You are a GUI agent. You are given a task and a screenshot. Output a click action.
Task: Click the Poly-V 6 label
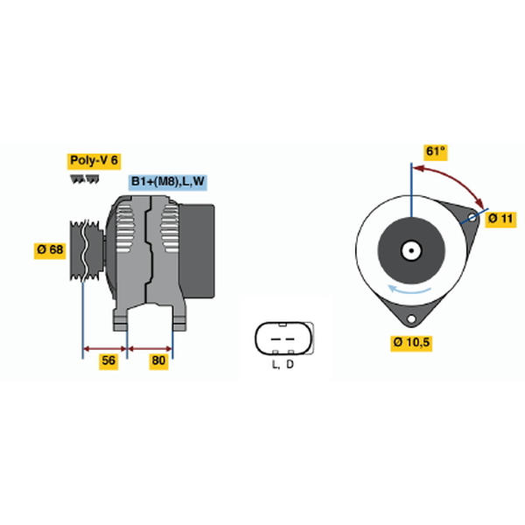pos(94,161)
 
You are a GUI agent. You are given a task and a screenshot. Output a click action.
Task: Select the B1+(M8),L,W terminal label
pos(168,182)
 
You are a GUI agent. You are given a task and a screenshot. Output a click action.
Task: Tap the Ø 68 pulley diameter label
pos(50,249)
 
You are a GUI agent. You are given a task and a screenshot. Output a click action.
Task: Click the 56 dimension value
pos(108,360)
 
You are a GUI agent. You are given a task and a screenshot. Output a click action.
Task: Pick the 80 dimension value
pos(158,360)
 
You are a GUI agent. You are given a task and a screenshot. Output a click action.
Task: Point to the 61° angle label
pos(435,151)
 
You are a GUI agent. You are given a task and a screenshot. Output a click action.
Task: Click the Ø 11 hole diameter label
pos(500,219)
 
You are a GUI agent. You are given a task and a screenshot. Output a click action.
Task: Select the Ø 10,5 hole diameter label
pos(411,342)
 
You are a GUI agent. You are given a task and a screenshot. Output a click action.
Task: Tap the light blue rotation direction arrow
pos(409,290)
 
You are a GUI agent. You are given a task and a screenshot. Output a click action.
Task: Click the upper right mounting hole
pos(472,218)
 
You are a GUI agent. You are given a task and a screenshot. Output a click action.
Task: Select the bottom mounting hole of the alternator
pos(411,318)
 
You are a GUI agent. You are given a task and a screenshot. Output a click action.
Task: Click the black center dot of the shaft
pos(411,250)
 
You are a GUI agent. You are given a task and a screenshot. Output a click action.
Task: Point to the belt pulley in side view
pos(87,250)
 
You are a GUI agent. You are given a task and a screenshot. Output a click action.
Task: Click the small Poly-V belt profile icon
pos(85,179)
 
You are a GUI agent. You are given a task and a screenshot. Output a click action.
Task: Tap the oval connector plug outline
pos(283,338)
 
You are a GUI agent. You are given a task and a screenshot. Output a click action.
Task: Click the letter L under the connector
pos(275,364)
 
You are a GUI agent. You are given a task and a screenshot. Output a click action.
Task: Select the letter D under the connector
pos(290,364)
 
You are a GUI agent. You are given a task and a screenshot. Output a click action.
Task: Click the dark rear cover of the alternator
pos(198,251)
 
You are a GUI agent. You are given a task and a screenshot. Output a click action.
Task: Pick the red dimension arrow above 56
pos(105,349)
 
